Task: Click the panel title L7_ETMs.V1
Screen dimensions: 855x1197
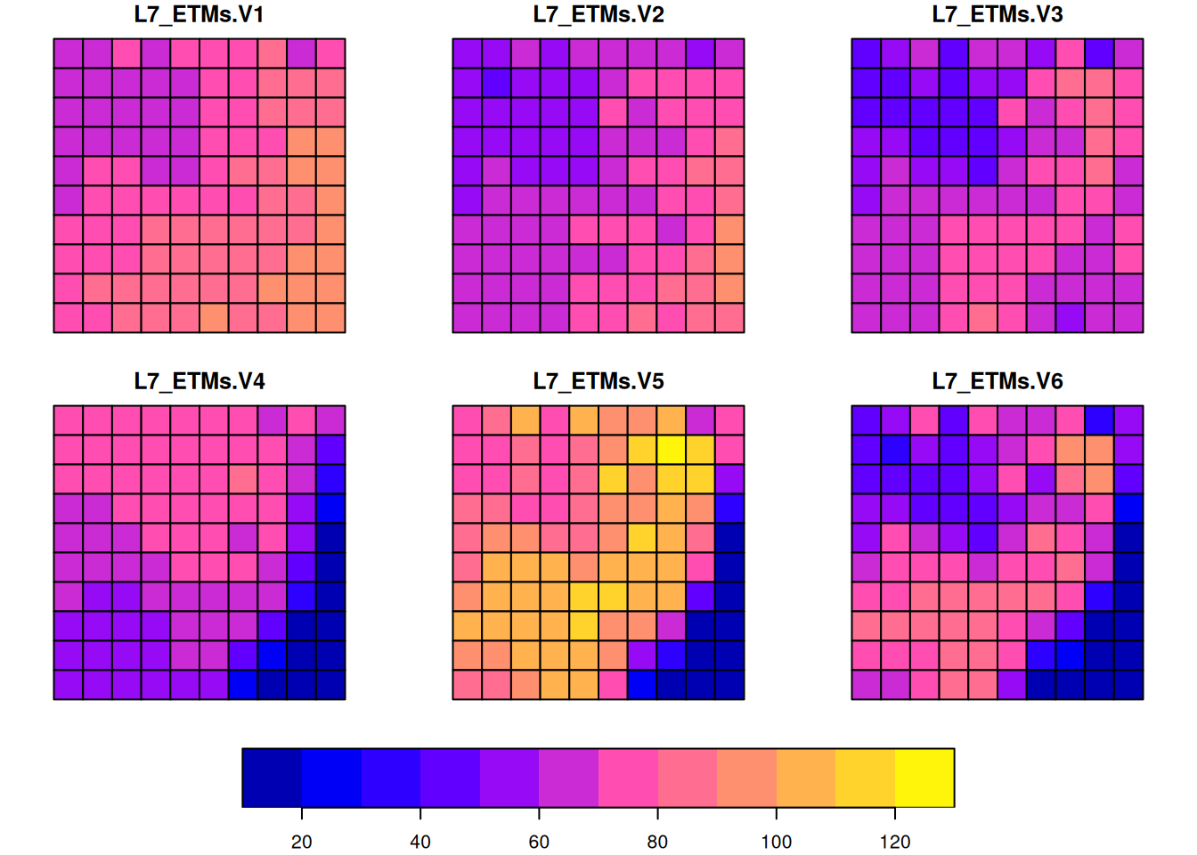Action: tap(199, 15)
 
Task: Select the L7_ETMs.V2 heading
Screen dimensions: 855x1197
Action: tap(598, 15)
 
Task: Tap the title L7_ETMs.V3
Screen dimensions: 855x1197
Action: tap(997, 15)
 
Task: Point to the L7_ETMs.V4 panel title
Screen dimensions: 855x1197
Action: tap(199, 382)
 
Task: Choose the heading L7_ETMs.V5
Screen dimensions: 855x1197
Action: tap(598, 382)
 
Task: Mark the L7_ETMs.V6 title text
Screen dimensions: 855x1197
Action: tap(997, 382)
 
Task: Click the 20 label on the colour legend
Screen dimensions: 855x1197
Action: tap(302, 842)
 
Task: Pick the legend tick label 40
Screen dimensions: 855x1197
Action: tap(420, 842)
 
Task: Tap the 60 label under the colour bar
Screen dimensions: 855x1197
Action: tap(539, 842)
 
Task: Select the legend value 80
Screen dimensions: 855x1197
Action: tap(657, 842)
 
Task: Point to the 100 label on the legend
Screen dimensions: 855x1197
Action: tap(776, 842)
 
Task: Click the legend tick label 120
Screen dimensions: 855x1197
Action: tap(894, 842)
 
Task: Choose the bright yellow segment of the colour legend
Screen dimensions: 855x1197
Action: tap(924, 778)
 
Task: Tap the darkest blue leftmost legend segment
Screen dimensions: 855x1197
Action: tap(272, 778)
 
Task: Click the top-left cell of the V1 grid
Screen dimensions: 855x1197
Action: tap(69, 53)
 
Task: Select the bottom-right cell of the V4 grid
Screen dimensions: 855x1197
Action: tap(330, 685)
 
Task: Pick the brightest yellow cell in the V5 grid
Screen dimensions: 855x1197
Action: tap(671, 450)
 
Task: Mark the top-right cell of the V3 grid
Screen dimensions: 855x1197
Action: tap(1128, 53)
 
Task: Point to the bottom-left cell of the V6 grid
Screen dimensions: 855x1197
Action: tap(867, 685)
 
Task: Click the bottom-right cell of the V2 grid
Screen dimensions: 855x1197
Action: tap(729, 318)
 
